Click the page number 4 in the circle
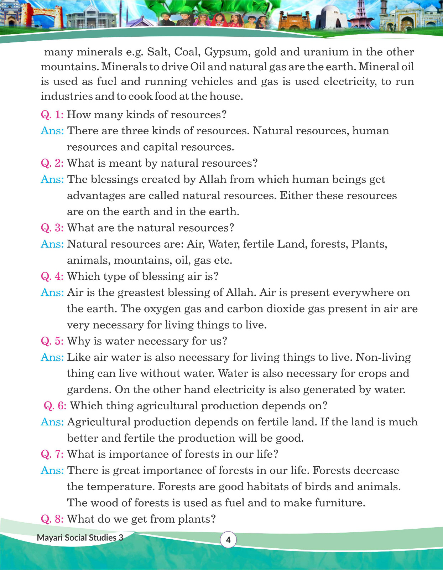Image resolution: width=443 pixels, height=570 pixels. coord(228,540)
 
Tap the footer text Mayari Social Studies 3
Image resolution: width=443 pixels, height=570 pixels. coord(80,538)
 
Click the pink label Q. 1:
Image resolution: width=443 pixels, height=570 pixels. coord(52,115)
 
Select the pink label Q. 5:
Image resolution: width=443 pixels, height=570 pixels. coord(52,341)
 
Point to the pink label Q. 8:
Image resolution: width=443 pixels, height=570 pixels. coord(52,519)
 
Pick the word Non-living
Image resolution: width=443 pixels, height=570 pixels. coord(383,357)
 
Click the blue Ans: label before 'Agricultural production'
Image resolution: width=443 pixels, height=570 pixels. coord(52,422)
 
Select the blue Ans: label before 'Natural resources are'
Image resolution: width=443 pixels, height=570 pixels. coord(52,244)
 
